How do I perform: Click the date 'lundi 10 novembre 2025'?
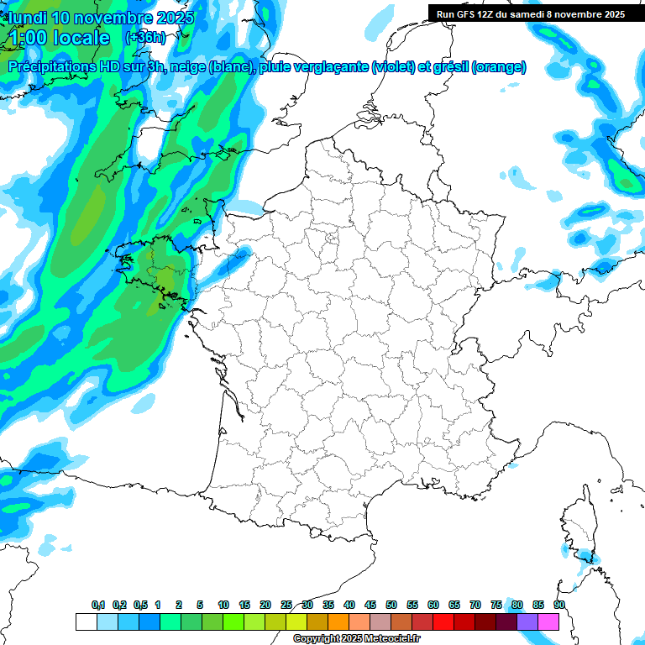101,18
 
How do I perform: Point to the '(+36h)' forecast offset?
145,38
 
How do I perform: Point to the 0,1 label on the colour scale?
98,606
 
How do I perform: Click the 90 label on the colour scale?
559,606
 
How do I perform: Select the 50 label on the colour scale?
391,606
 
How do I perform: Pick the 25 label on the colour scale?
286,606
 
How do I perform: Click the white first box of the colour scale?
86,622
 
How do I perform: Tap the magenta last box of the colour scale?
549,622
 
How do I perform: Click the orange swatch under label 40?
338,622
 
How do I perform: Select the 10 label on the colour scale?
223,606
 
